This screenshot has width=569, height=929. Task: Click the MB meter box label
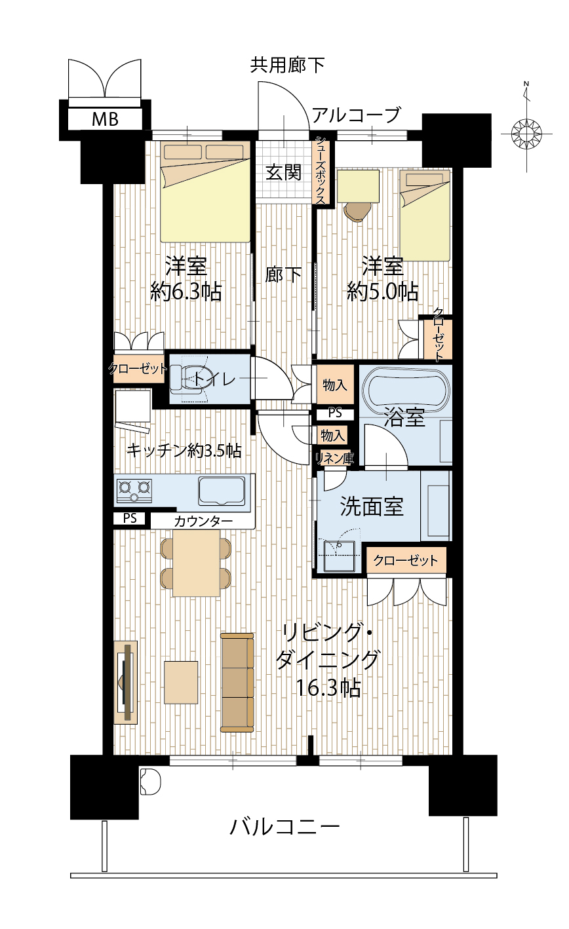pyautogui.click(x=105, y=119)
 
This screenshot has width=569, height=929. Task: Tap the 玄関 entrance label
pyautogui.click(x=283, y=172)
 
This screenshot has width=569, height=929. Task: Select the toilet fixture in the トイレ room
pyautogui.click(x=189, y=378)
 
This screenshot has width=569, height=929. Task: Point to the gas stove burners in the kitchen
pyautogui.click(x=134, y=491)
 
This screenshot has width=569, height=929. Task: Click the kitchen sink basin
pyautogui.click(x=222, y=491)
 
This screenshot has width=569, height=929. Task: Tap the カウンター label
pyautogui.click(x=203, y=521)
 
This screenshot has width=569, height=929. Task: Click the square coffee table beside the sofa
pyautogui.click(x=181, y=682)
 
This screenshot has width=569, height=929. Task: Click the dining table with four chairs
pyautogui.click(x=196, y=563)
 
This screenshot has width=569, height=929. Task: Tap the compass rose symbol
pyautogui.click(x=526, y=134)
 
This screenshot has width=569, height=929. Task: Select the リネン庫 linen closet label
pyautogui.click(x=334, y=459)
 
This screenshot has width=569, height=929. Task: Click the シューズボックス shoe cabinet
pyautogui.click(x=321, y=170)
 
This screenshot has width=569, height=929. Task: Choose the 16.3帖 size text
pyautogui.click(x=328, y=688)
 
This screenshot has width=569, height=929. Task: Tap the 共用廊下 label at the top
pyautogui.click(x=287, y=65)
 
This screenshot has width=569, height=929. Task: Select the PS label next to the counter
pyautogui.click(x=130, y=518)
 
